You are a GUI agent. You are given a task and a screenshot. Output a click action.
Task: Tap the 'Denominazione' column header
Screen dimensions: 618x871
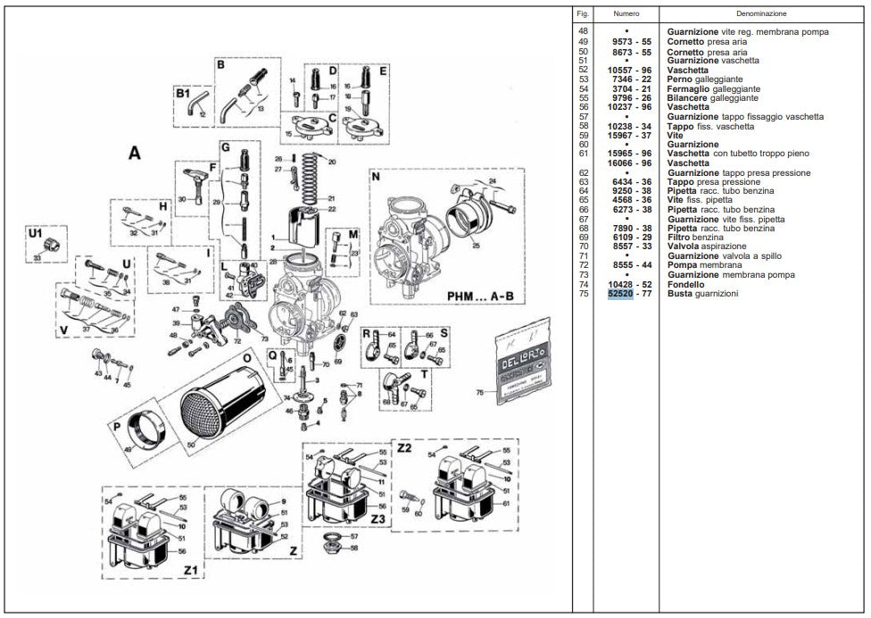[x=761, y=14]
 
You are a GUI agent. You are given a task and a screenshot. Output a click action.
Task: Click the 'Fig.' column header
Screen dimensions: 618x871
[x=584, y=14]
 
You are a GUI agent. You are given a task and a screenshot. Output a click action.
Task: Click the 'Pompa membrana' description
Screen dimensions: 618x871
[x=705, y=265]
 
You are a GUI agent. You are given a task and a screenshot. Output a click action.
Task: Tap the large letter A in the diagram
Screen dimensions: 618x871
[x=134, y=154]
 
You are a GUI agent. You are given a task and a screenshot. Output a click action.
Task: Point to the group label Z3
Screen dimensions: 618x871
[x=378, y=518]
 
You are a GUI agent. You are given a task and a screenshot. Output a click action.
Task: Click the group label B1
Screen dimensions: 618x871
[x=183, y=93]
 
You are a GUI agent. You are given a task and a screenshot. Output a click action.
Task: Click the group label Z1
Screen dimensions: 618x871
[x=189, y=568]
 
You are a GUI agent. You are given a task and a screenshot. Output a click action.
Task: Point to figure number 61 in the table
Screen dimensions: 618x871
[x=584, y=154]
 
